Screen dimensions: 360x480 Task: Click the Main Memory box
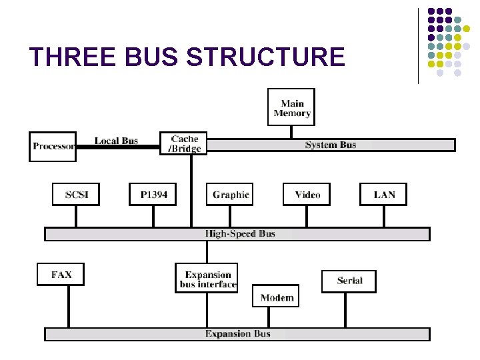[291, 107]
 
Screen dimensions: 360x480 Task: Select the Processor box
[53, 146]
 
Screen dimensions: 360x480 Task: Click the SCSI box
[76, 194]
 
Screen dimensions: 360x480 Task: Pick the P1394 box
[153, 194]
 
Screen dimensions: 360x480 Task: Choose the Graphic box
[230, 194]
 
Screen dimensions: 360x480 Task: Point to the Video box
[307, 194]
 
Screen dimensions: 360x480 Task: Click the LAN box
[384, 194]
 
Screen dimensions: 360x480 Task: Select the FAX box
[61, 274]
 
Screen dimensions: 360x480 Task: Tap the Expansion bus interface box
[207, 279]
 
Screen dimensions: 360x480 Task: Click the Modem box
[276, 297]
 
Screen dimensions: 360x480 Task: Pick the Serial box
[349, 281]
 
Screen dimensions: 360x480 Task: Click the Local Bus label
[116, 140]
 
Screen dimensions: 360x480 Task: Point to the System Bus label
[331, 145]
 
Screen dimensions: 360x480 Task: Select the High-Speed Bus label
[240, 234]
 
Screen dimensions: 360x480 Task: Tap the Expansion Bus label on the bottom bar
[238, 334]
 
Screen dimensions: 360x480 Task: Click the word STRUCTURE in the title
[265, 57]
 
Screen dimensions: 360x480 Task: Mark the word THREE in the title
[66, 57]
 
